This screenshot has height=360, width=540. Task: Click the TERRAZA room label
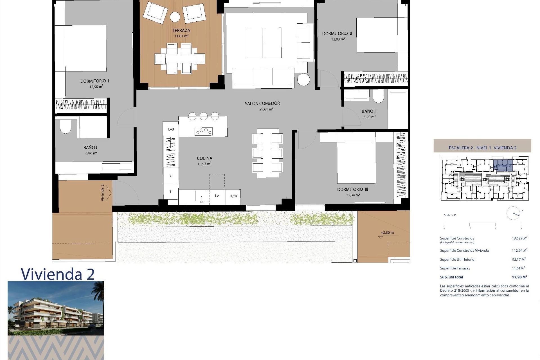pyautogui.click(x=181, y=30)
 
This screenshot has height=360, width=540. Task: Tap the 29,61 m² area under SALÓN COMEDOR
pyautogui.click(x=266, y=109)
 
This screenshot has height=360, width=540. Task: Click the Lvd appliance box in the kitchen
pyautogui.click(x=171, y=129)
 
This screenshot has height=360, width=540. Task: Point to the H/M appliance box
pyautogui.click(x=233, y=196)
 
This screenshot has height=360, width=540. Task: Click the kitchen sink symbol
pyautogui.click(x=202, y=196)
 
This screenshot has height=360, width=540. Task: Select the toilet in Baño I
pyautogui.click(x=66, y=127)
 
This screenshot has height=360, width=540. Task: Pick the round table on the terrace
pyautogui.click(x=175, y=17)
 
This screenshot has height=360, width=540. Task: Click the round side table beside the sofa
pyautogui.click(x=303, y=80)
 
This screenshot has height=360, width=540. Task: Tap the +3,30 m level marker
pyautogui.click(x=387, y=233)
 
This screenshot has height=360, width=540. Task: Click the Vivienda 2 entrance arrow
pyautogui.click(x=108, y=193)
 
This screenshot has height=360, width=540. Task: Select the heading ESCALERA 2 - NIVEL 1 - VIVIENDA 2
pyautogui.click(x=482, y=148)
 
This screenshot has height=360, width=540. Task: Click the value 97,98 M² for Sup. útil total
pyautogui.click(x=519, y=277)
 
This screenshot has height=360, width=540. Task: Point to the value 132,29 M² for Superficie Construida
pyautogui.click(x=519, y=238)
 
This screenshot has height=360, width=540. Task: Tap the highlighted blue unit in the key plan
pyautogui.click(x=503, y=165)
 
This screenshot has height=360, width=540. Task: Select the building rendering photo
pyautogui.click(x=56, y=308)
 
